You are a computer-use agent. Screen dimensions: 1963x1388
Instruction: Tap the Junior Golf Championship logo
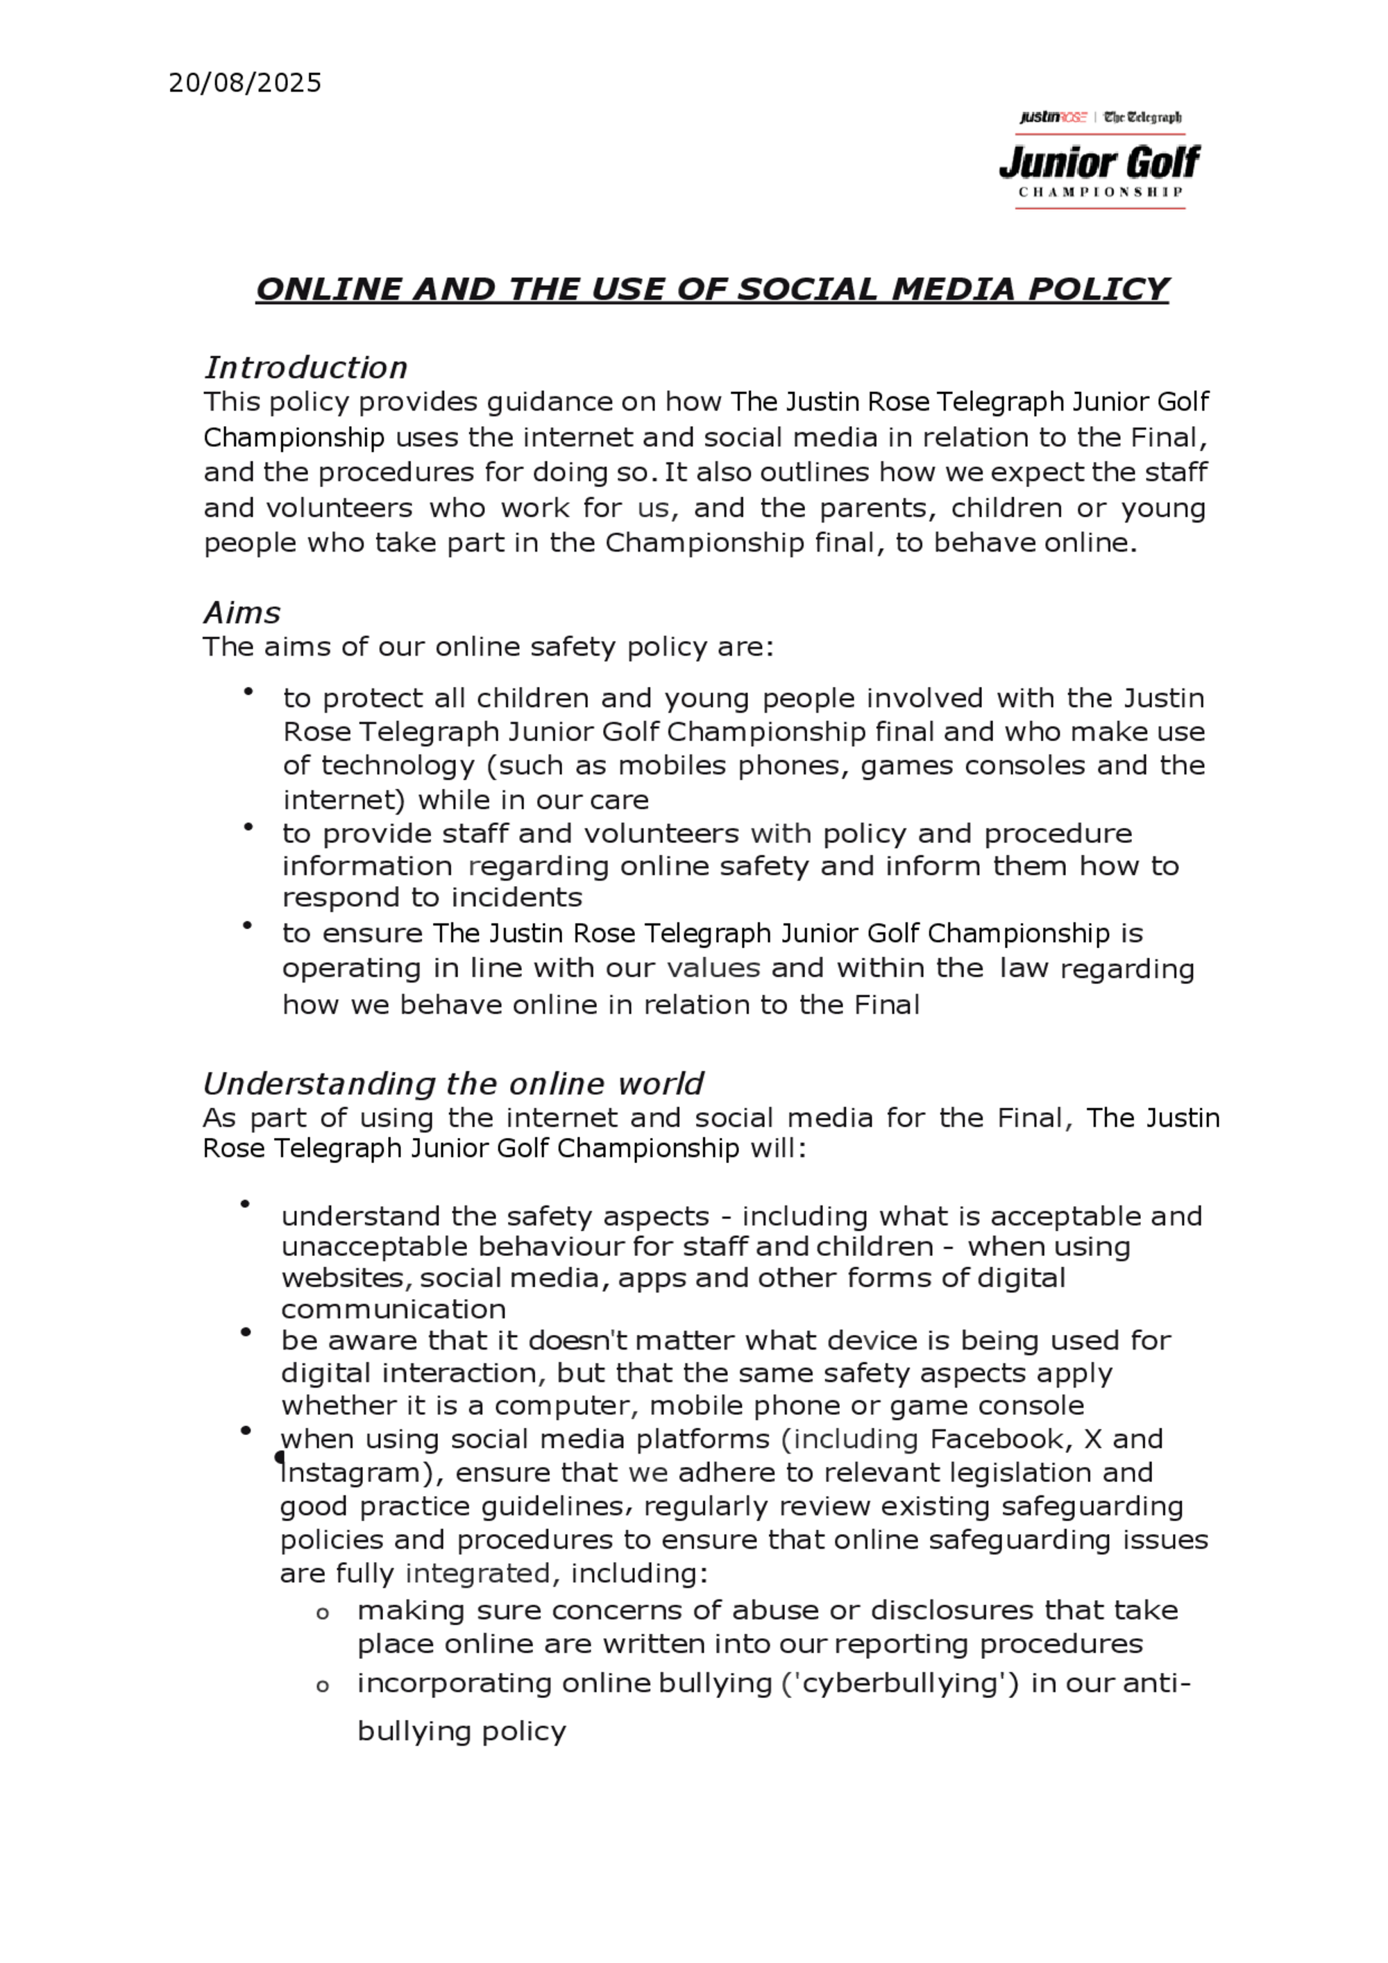click(x=1100, y=161)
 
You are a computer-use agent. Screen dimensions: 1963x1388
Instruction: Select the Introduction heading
click(x=305, y=368)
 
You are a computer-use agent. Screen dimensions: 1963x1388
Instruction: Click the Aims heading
click(x=242, y=613)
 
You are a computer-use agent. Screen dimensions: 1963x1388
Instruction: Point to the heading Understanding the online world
click(x=452, y=1084)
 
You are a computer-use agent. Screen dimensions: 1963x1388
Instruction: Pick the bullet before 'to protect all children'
click(x=248, y=692)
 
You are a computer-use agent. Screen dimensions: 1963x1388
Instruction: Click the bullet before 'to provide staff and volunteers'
click(x=248, y=826)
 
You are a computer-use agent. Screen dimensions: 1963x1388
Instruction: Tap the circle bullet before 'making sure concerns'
click(x=323, y=1614)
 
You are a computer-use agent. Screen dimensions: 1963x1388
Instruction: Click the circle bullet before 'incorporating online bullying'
click(x=323, y=1687)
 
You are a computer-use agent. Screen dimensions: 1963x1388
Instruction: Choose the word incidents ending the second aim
click(x=516, y=898)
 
